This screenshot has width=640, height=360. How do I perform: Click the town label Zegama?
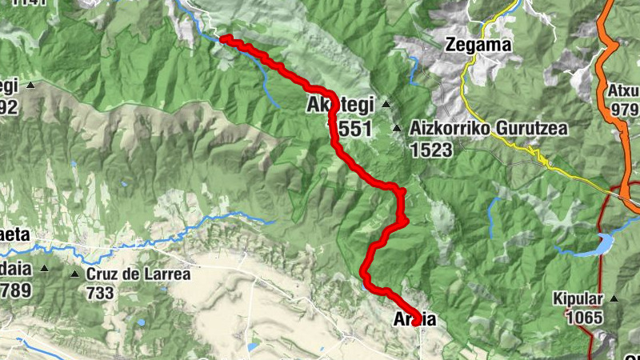478,45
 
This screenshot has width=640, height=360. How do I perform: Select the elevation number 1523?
433,150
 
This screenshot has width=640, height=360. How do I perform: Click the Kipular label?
577,300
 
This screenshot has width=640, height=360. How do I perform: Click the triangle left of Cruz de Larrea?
74,274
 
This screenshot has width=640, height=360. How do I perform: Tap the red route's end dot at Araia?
417,321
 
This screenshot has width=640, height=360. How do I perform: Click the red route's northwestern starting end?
224,38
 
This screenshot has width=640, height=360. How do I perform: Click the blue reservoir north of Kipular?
600,243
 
